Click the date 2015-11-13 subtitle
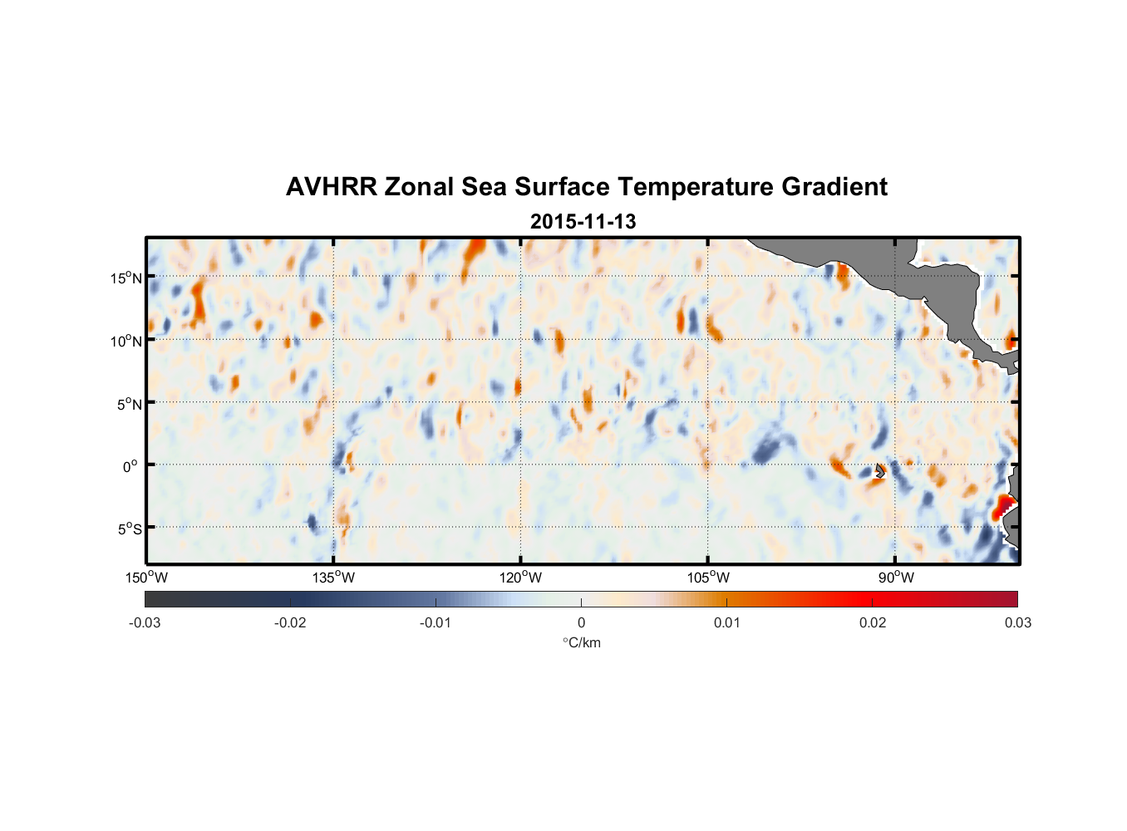583,222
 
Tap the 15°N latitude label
126,278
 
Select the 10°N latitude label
126,341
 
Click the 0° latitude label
130,467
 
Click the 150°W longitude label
146,578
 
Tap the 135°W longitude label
333,578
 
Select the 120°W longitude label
521,578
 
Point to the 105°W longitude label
708,578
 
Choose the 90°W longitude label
896,578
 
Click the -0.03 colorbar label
145,622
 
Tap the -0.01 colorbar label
436,622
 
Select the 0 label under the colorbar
581,622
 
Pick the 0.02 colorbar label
873,622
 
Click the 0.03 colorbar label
1017,622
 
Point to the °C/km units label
581,642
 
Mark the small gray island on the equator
880,470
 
